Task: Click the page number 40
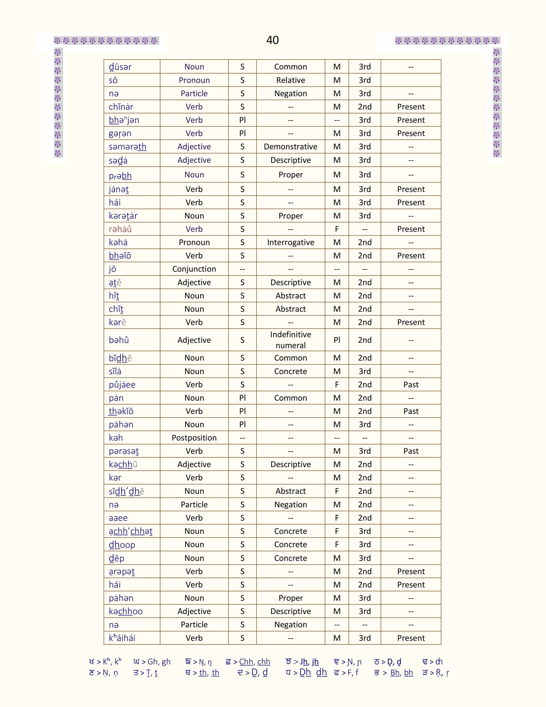coord(272,40)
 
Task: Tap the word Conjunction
coord(194,269)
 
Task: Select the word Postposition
coord(194,438)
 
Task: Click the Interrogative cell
coord(291,243)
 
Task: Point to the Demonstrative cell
coord(291,147)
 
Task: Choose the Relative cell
coord(291,80)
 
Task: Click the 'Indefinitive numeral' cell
coord(291,340)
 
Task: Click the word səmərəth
coord(127,147)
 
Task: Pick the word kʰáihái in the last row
coord(122,638)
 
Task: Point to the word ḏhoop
coord(122,545)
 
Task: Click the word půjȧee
coord(122,385)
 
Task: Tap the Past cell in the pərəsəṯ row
coord(411,451)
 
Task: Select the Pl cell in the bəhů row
coord(337,340)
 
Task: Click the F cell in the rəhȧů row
coord(337,229)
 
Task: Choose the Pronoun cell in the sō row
coord(194,80)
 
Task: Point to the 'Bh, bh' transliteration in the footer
coord(401,673)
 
